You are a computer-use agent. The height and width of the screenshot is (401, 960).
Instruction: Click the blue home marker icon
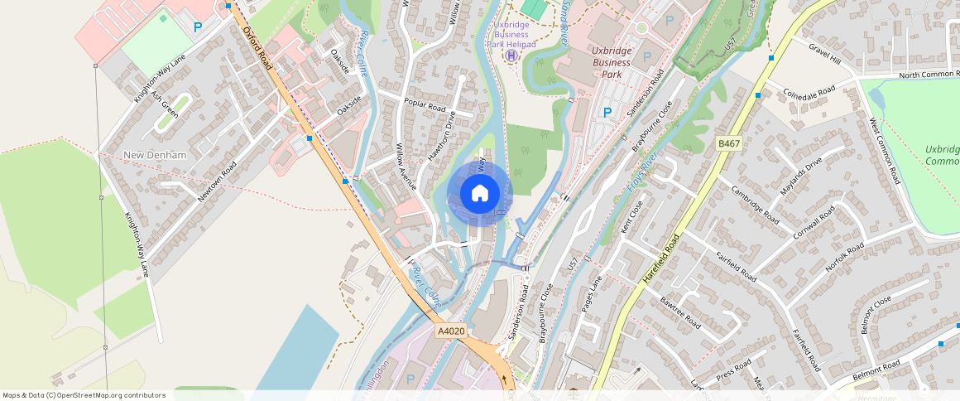click(x=479, y=194)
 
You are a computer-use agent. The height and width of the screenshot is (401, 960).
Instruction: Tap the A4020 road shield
click(x=451, y=331)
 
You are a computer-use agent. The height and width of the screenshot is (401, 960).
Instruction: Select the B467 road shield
click(x=727, y=144)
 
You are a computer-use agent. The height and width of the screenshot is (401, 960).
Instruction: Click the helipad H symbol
click(x=511, y=56)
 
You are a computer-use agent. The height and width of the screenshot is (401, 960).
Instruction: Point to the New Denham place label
click(x=155, y=156)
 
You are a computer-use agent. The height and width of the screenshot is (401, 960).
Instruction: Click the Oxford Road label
click(x=257, y=47)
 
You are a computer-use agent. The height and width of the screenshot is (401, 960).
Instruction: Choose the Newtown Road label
click(x=217, y=181)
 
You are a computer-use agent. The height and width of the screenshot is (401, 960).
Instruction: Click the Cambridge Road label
click(x=755, y=204)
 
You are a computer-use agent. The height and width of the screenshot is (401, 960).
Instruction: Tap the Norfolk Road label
click(x=846, y=258)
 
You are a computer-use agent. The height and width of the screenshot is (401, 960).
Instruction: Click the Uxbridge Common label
click(x=943, y=155)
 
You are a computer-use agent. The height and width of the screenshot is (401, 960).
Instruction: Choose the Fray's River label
click(x=642, y=172)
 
